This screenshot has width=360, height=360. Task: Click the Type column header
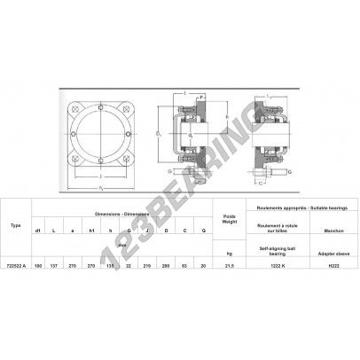pos(16,225)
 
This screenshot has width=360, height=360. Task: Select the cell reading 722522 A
pos(16,264)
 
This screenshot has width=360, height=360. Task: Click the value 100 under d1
pos(37,264)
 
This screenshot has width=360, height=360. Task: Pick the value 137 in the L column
pos(55,264)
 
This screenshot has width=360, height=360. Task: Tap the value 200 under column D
pos(163,264)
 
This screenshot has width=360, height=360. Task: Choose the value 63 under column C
pos(183,264)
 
